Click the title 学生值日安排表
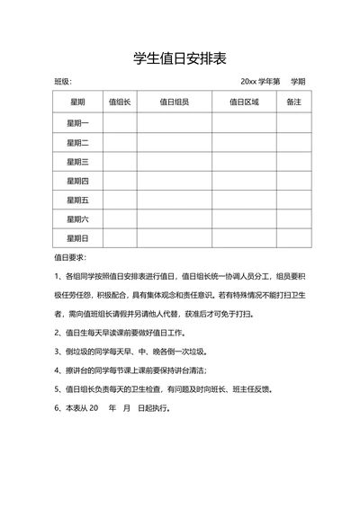179,58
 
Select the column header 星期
77,102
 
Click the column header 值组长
120,102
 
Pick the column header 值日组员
174,102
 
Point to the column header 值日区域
244,102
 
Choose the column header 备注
293,102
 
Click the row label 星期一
77,122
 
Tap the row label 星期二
77,142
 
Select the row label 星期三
77,161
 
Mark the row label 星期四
77,181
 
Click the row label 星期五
77,200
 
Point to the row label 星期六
77,218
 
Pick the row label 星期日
77,238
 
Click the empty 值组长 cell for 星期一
120,122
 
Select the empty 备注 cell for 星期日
293,238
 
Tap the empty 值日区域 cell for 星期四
244,181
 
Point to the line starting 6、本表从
112,407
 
